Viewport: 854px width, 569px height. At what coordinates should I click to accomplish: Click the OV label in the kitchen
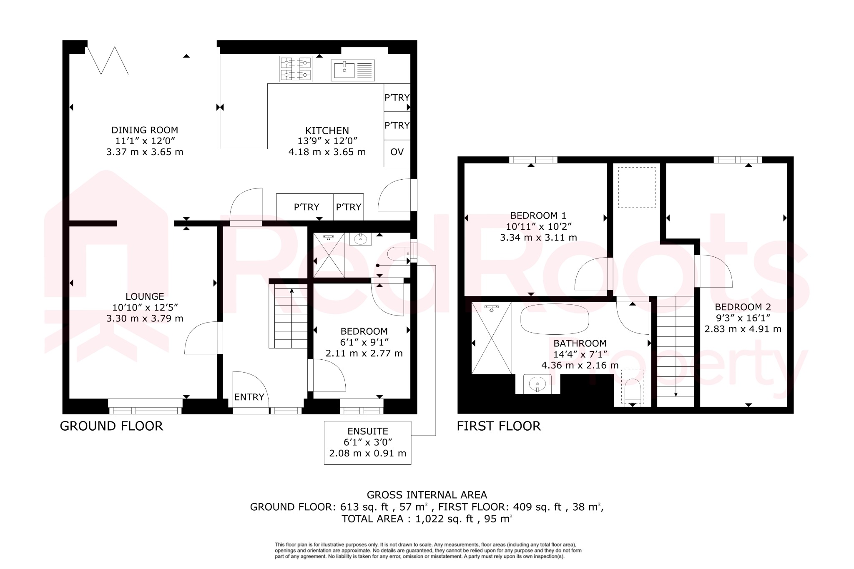coord(397,152)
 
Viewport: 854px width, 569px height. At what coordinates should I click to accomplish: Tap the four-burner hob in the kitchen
coord(296,69)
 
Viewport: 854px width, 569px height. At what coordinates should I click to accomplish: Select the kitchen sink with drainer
coord(353,70)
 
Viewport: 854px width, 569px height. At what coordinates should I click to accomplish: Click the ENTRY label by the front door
coord(249,397)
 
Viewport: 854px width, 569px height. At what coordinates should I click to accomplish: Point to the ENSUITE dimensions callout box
coord(367,442)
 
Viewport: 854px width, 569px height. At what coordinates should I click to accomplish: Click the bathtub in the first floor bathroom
coord(555,319)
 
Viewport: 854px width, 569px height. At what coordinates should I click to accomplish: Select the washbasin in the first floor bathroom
coord(538,384)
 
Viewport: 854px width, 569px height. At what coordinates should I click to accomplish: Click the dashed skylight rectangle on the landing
coord(636,187)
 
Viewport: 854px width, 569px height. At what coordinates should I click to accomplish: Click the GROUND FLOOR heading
coord(111,426)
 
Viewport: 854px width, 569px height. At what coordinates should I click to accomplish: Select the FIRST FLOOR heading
coord(498,426)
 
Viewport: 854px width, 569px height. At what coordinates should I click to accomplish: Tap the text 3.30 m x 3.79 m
coord(145,318)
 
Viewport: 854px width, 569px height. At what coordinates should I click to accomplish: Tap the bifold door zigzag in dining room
coord(107,61)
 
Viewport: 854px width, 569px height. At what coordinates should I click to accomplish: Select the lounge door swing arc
coord(200,338)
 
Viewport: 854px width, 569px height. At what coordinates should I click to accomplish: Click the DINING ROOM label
coord(144,130)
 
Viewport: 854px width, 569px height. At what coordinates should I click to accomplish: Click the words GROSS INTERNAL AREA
coord(427,495)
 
